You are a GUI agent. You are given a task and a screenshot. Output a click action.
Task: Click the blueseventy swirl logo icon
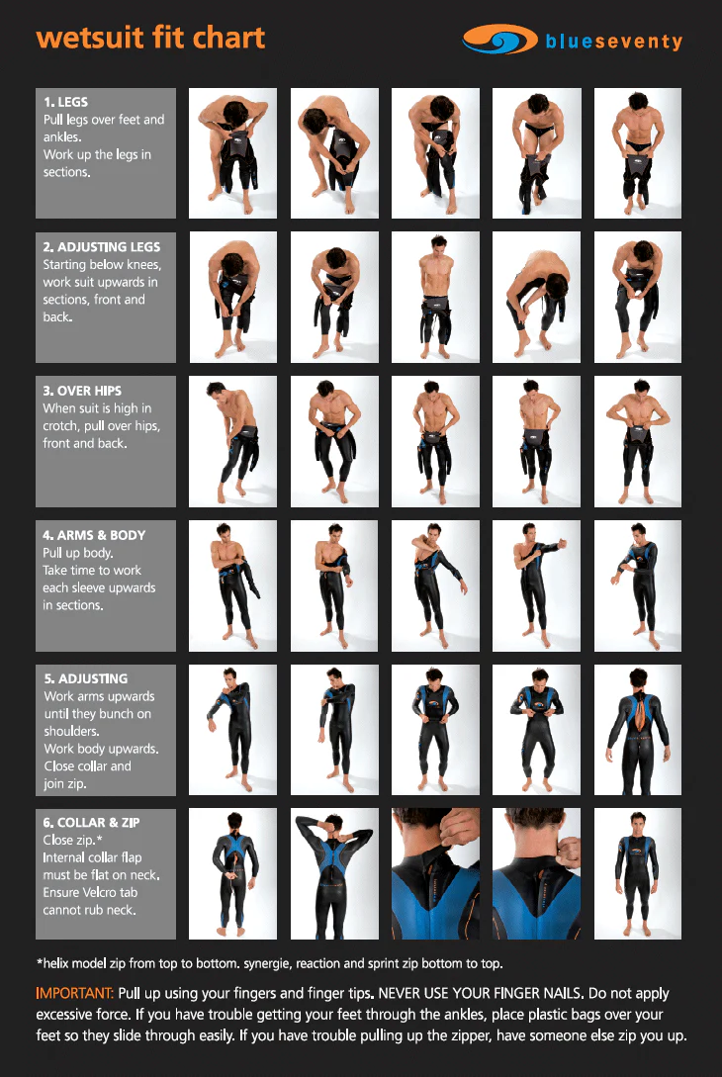[x=499, y=40]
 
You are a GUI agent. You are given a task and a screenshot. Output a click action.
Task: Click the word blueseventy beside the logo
[x=614, y=42]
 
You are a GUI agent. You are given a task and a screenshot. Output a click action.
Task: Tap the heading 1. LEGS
[x=66, y=102]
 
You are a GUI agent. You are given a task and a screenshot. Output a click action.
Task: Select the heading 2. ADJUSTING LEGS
[x=102, y=246]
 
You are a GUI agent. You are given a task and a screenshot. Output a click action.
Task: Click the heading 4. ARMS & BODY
[x=94, y=535]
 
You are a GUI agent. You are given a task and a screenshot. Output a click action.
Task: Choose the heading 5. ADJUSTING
[x=86, y=678]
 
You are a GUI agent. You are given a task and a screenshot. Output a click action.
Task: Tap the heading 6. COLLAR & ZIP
[x=91, y=823]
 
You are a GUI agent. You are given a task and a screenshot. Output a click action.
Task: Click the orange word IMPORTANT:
[x=74, y=993]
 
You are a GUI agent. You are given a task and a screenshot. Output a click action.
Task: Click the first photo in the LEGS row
[x=232, y=153]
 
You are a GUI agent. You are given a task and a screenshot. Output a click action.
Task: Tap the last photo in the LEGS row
[x=638, y=153]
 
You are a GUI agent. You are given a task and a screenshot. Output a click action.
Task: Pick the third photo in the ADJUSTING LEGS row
[x=435, y=297]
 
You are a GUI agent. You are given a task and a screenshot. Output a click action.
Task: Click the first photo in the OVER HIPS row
[x=232, y=441]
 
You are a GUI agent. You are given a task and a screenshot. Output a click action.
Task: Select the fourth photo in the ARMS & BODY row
[x=536, y=585]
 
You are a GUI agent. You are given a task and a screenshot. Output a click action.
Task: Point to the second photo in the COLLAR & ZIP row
[x=334, y=873]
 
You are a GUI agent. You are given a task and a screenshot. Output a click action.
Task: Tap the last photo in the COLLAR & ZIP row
[x=638, y=873]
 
